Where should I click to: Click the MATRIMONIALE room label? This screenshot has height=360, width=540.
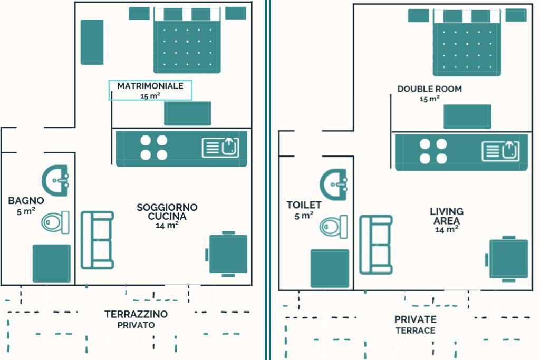tap(150, 86)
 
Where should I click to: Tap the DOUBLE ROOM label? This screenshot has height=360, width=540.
tap(429, 89)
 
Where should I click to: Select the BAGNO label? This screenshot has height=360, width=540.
tap(26, 201)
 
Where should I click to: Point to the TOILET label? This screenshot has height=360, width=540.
tap(304, 205)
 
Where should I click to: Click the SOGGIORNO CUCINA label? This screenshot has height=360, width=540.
tap(167, 212)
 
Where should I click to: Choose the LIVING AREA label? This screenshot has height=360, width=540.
tap(446, 217)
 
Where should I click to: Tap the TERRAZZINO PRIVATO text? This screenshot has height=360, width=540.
tap(136, 315)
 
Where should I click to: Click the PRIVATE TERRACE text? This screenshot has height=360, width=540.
tap(415, 320)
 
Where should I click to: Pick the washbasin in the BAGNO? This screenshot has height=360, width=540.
tap(55, 180)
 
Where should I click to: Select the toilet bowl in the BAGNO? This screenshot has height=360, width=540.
tap(56, 222)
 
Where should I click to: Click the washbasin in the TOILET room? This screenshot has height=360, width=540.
tap(334, 184)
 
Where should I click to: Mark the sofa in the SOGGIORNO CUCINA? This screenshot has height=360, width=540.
tap(97, 240)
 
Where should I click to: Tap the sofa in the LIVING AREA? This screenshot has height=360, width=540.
tap(376, 245)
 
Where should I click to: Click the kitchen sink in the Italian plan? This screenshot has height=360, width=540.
tap(221, 147)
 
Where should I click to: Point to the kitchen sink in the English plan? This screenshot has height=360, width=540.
tap(500, 151)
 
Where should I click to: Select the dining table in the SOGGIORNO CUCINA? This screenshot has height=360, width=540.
tap(228, 254)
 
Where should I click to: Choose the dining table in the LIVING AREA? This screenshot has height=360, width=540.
tap(508, 259)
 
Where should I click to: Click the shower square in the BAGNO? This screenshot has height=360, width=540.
tap(52, 263)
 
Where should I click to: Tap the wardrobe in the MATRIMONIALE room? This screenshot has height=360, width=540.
tap(92, 42)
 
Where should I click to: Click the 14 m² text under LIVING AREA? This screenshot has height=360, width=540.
tap(446, 230)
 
